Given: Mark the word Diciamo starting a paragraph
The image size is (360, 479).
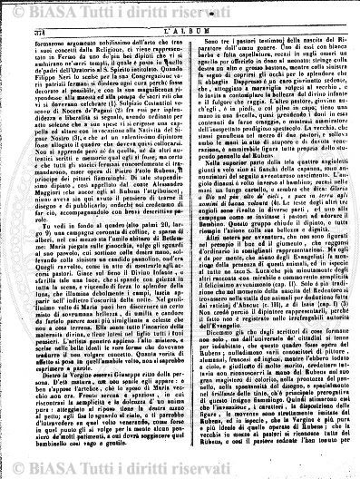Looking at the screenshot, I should (x=205, y=325).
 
